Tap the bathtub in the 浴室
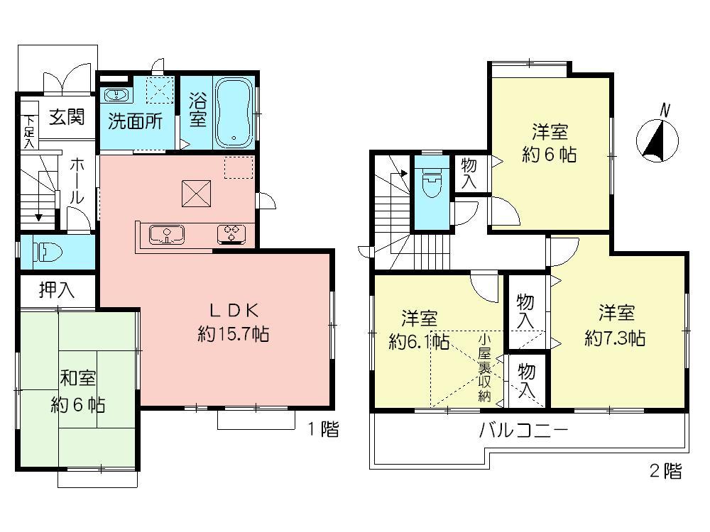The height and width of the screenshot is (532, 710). (234, 112)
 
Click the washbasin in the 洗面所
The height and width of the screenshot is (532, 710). (116, 96)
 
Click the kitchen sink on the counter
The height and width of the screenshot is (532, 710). (165, 233)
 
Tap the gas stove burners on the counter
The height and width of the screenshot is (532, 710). (232, 233)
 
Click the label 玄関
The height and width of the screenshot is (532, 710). (67, 117)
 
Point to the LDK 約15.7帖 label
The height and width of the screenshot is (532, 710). (232, 323)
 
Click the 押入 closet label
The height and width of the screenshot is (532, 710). (57, 289)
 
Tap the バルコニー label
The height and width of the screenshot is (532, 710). (523, 431)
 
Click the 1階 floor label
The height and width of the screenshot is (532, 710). (323, 429)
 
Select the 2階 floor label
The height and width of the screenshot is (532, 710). (665, 472)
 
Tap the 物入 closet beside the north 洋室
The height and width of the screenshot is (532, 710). (469, 174)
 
